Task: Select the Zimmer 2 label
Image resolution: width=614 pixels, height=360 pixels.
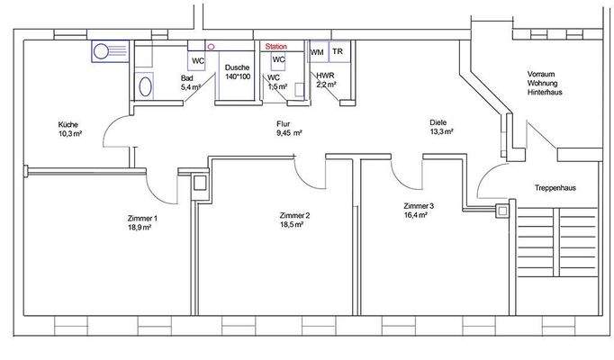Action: click(x=294, y=220)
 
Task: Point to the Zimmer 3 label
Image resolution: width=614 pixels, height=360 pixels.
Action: click(x=419, y=211)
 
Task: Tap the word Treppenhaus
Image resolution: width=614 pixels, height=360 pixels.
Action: click(x=555, y=188)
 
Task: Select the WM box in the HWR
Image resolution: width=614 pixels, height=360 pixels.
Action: click(x=317, y=53)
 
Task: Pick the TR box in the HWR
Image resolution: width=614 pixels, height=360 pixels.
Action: click(x=337, y=53)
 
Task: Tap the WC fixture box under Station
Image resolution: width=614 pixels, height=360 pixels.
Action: click(x=278, y=59)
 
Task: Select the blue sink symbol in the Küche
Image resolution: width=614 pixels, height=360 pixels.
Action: click(x=110, y=51)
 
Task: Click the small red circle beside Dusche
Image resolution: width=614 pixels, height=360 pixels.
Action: click(x=212, y=45)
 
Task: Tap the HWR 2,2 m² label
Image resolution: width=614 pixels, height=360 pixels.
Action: click(x=325, y=81)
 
